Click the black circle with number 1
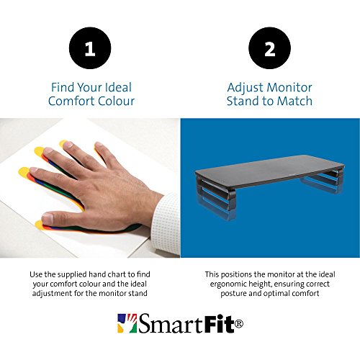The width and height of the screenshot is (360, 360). (90, 48)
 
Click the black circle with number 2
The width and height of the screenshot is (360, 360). (269, 48)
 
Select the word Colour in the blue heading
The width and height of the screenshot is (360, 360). (114, 101)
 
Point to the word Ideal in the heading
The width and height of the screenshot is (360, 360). (119, 87)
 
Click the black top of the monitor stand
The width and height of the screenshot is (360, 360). (269, 171)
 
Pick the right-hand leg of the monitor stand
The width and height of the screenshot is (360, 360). (323, 181)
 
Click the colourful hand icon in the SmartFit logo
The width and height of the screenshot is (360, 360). (127, 323)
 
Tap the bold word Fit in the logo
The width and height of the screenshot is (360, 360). (219, 323)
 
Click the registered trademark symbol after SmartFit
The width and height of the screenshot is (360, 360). (238, 323)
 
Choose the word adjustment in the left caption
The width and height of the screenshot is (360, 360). (52, 294)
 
